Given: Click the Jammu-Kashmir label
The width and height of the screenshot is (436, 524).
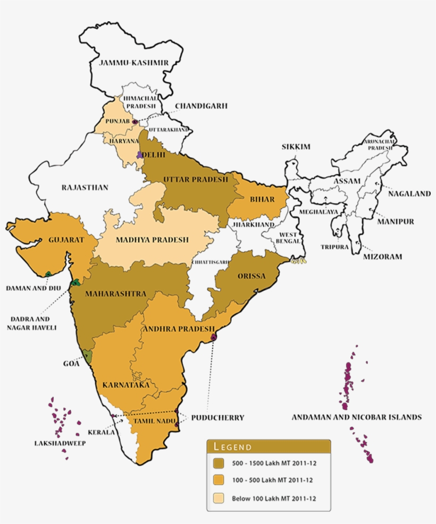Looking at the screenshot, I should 134,63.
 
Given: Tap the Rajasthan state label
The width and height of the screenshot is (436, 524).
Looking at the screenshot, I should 85,188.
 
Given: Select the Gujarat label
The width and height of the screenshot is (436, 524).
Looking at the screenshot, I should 66,240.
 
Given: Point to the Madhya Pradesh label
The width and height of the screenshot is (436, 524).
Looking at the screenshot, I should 152,240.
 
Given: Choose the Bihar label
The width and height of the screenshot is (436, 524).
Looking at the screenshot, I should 262,200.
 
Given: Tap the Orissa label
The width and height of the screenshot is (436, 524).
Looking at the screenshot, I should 251,276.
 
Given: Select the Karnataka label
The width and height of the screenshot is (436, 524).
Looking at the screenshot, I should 126,384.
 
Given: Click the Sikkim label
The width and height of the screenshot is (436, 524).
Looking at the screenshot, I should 296,147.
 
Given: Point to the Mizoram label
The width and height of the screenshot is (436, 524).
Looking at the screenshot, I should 382,257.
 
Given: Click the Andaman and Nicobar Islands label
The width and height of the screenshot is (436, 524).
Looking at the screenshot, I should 356,417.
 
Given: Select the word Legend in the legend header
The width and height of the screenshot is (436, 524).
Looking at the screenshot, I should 232,446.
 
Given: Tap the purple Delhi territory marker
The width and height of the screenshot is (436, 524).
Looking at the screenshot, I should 140,155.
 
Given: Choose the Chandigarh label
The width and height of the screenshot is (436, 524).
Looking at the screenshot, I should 201,106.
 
